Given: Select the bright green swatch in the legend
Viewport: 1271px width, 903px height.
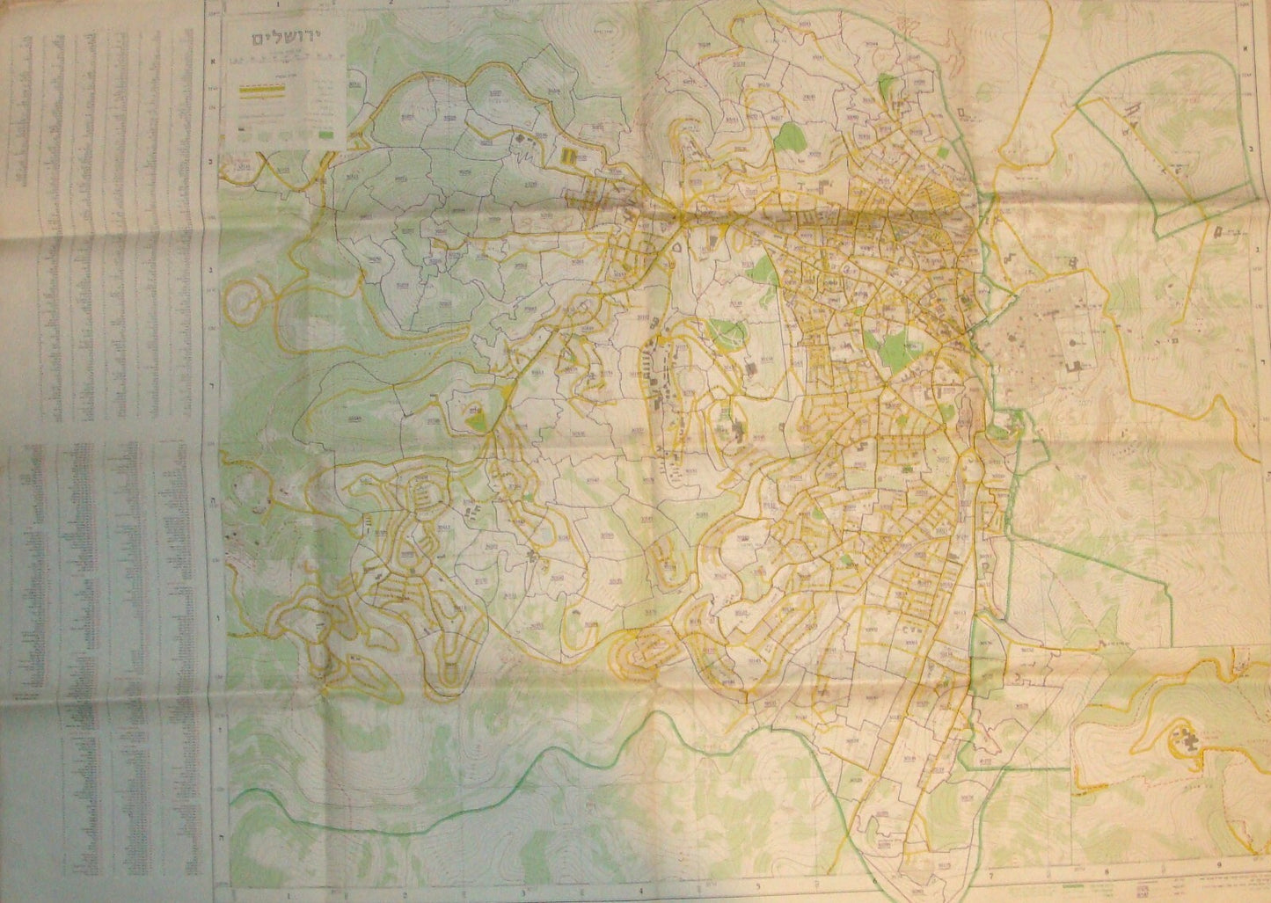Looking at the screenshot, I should [329, 135].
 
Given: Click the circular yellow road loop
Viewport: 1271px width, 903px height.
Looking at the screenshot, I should [245, 304].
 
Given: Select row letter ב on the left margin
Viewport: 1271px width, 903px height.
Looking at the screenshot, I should [212, 163].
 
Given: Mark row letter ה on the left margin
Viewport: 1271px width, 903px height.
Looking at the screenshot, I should [212, 494].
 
